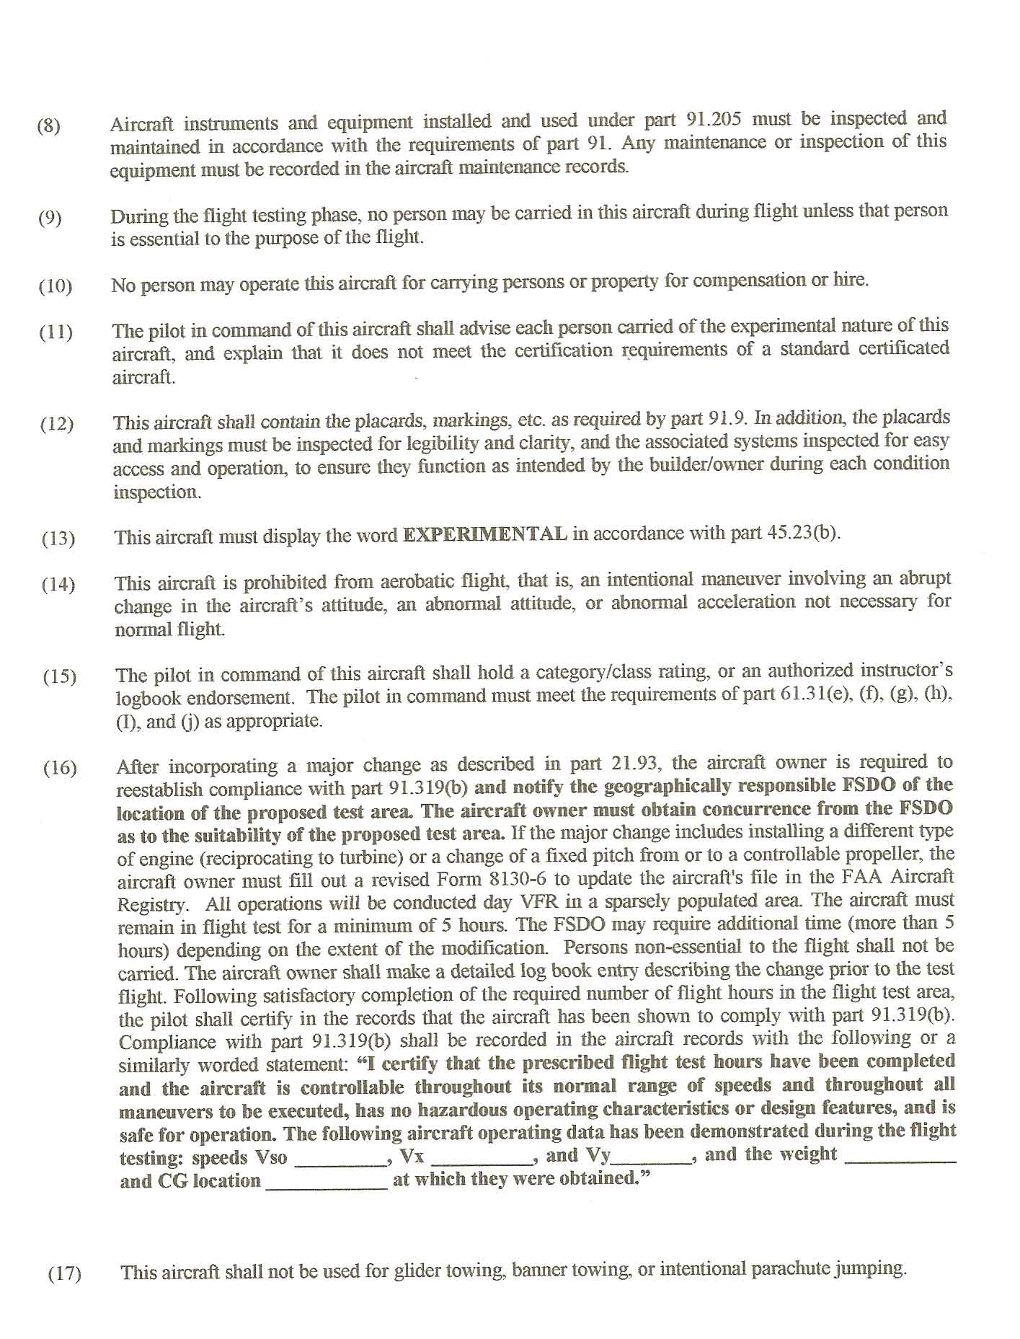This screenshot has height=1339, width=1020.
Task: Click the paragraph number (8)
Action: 49,126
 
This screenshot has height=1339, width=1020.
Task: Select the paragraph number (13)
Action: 58,539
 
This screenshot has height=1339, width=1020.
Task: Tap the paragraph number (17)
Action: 64,1274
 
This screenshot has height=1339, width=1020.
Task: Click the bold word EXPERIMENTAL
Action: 485,534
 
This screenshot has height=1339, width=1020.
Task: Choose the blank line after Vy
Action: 652,1157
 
